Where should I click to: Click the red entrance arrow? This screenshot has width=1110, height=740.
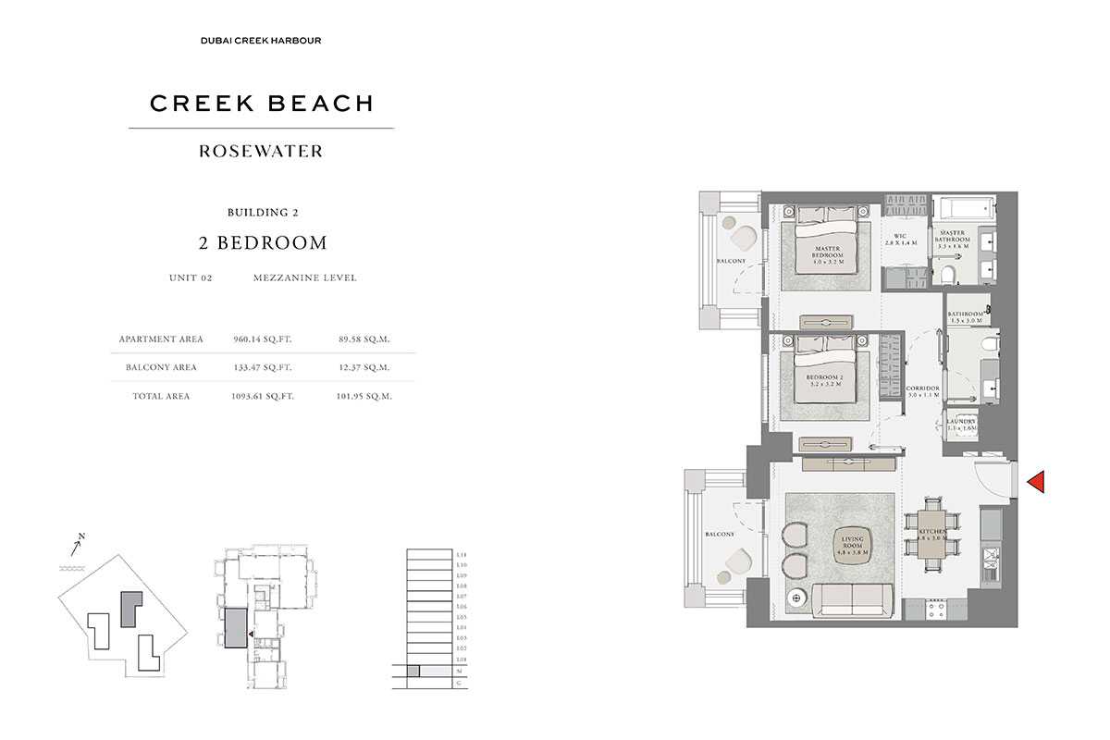[x=1036, y=482]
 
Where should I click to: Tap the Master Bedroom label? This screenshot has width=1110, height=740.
[x=827, y=253]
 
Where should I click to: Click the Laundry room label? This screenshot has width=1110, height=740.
[x=961, y=425]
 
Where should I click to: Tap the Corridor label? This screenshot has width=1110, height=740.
[x=923, y=391]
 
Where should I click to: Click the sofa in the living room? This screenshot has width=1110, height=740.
[x=853, y=599]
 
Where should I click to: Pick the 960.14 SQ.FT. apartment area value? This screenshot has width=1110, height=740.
[x=262, y=339]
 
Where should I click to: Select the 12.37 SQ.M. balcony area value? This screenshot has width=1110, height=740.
[x=364, y=367]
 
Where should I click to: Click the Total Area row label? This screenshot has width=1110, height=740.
[x=161, y=396]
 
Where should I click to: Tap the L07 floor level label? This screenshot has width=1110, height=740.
[x=462, y=597]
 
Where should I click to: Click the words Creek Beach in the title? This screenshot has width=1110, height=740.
[x=262, y=104]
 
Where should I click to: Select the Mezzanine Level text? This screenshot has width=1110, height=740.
[x=304, y=277]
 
